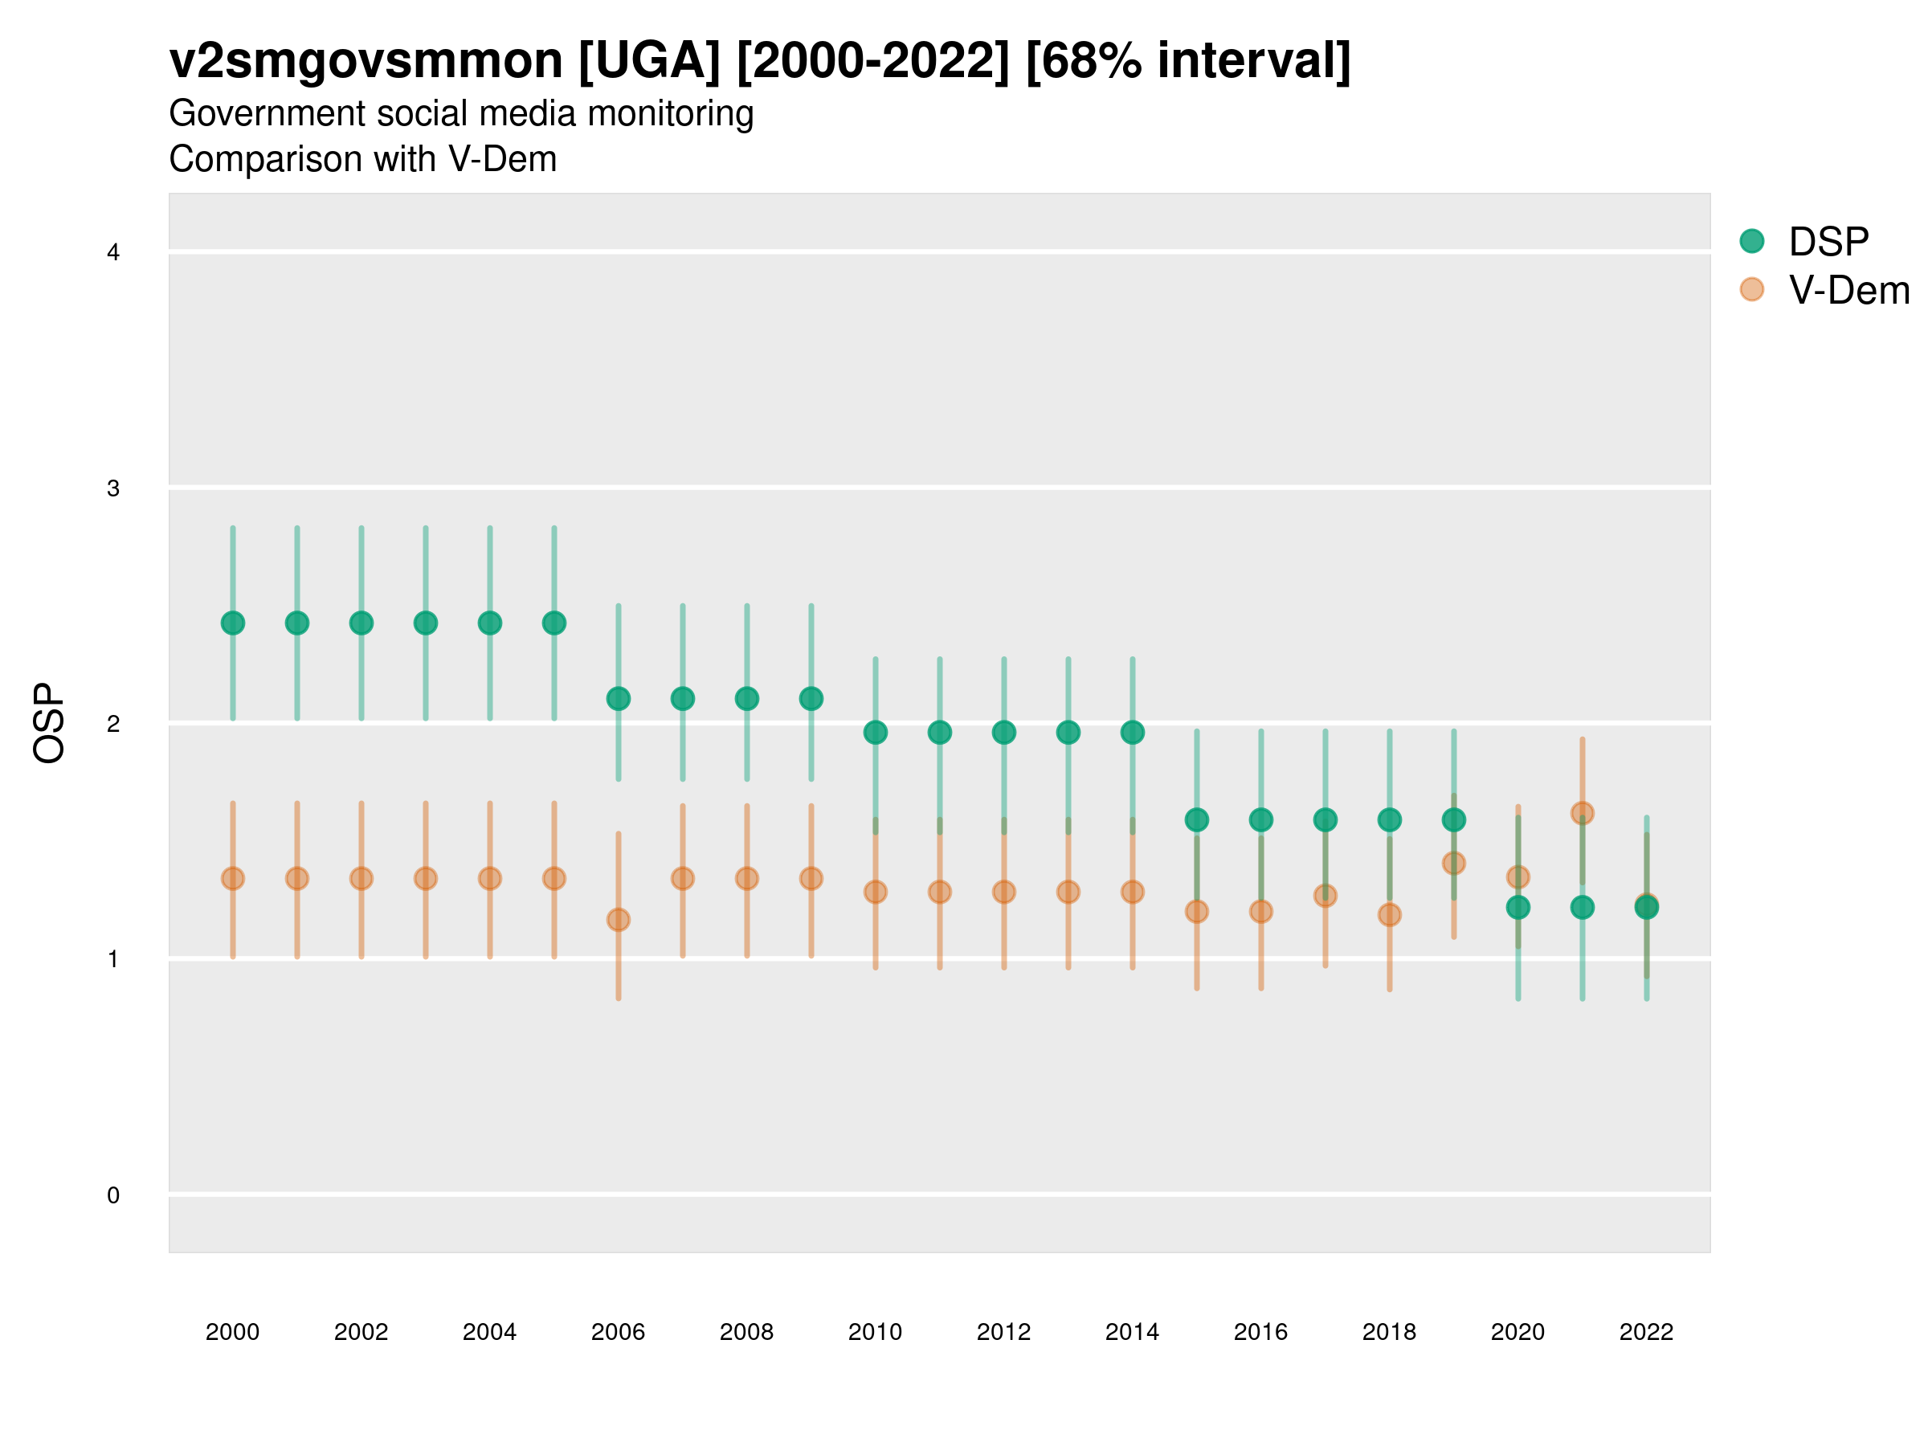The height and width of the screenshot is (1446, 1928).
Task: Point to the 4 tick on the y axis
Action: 113,253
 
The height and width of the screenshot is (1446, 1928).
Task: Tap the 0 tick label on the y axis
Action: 113,1195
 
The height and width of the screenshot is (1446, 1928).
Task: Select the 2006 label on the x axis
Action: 618,1332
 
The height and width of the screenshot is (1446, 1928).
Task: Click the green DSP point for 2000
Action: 233,623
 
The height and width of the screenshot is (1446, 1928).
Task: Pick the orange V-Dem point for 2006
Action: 618,920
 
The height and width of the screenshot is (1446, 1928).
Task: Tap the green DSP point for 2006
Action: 618,698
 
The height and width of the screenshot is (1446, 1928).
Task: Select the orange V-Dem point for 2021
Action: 1582,813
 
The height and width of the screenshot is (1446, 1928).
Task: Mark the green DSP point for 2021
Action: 1582,907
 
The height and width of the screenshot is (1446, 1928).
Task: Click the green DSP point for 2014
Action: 1132,732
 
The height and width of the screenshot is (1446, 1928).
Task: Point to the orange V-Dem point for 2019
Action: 1454,863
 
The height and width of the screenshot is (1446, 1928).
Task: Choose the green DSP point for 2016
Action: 1260,819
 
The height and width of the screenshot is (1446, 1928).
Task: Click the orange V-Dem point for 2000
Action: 233,879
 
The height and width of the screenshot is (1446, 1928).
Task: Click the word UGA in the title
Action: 649,61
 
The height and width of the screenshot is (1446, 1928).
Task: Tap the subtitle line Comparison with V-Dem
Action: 362,160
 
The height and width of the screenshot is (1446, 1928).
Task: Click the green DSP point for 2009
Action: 811,698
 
